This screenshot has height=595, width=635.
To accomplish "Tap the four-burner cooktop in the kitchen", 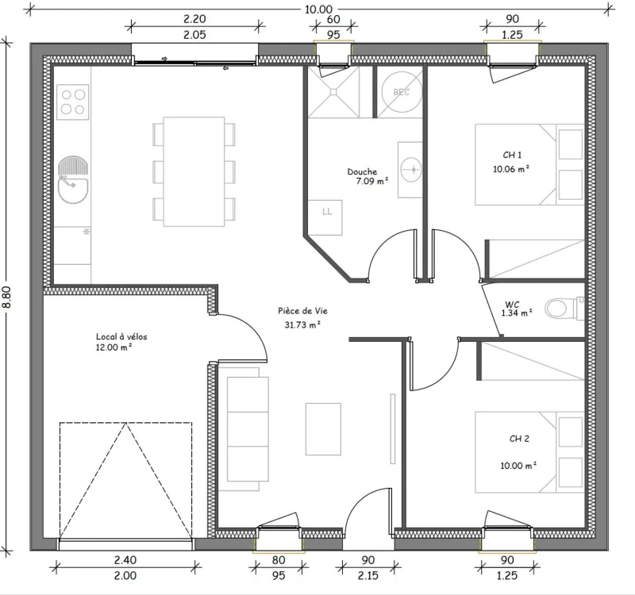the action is pos(73,102).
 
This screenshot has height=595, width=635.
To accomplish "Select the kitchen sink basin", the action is pos(73,190).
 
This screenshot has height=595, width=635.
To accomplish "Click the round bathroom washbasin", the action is pos(411,170).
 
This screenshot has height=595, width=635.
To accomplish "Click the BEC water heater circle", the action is pos(402,92).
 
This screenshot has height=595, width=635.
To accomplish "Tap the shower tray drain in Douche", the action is pos(333,92).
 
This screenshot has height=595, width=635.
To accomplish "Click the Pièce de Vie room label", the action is pos(303,311).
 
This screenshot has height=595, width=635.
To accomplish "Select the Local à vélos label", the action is pos(121,336).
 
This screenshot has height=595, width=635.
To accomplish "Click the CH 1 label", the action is pos(512,155).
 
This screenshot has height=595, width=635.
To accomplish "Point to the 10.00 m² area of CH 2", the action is pos(518,466).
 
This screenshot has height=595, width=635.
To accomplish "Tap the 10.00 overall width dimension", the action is pos(319,10).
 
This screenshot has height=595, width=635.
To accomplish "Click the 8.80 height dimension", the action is pos(7,297).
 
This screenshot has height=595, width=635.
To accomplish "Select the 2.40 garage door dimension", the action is pos(125,560).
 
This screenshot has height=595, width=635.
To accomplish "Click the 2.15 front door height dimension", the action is pos(368,576).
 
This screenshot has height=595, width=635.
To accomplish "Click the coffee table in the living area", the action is pos(323,429).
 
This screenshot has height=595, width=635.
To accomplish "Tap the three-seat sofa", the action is pos(244,429).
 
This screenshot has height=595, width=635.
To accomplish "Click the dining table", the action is pos(194,171).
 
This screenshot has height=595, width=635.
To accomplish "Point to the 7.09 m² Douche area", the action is pos(372,181).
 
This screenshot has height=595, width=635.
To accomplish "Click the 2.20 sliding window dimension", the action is pos(194,19).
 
